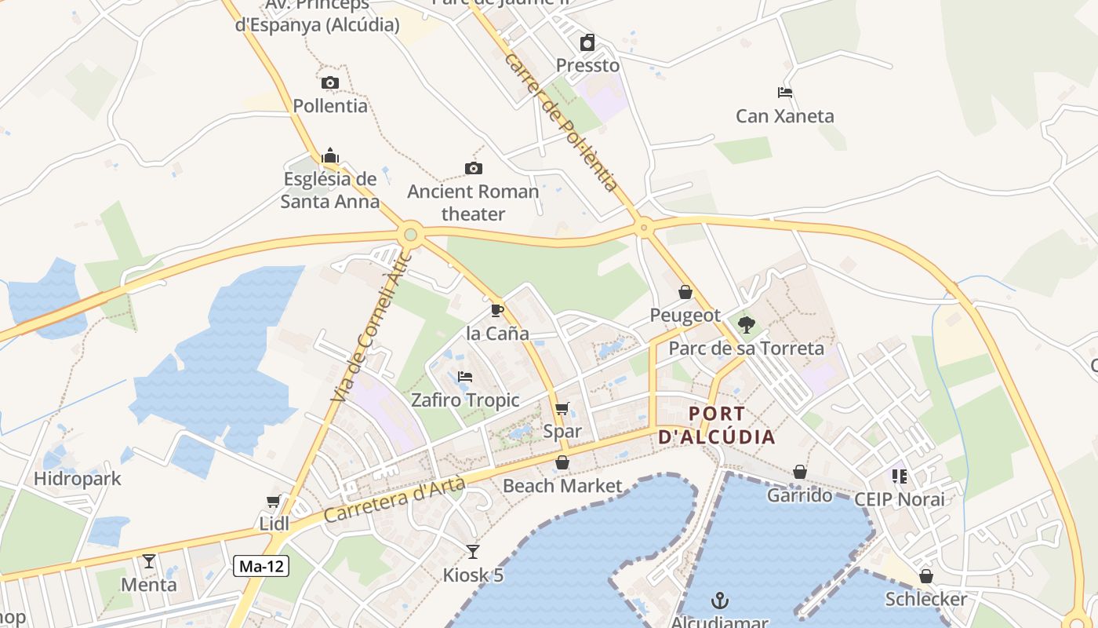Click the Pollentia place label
click(330, 105)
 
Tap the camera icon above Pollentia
click(330, 82)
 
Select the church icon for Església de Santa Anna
click(330, 155)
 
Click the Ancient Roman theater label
click(473, 203)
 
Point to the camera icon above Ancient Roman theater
click(473, 168)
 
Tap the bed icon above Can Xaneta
click(785, 93)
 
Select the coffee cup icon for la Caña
click(496, 310)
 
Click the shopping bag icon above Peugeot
click(685, 292)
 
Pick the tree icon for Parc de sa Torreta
click(747, 324)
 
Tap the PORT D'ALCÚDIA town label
click(716, 425)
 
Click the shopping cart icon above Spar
click(562, 408)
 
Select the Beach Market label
click(562, 486)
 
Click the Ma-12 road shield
click(261, 565)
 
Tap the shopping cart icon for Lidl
click(274, 501)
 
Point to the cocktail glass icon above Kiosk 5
click(472, 551)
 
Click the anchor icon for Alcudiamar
click(720, 601)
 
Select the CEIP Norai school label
click(899, 499)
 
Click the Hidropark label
click(78, 478)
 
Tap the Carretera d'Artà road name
click(394, 500)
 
